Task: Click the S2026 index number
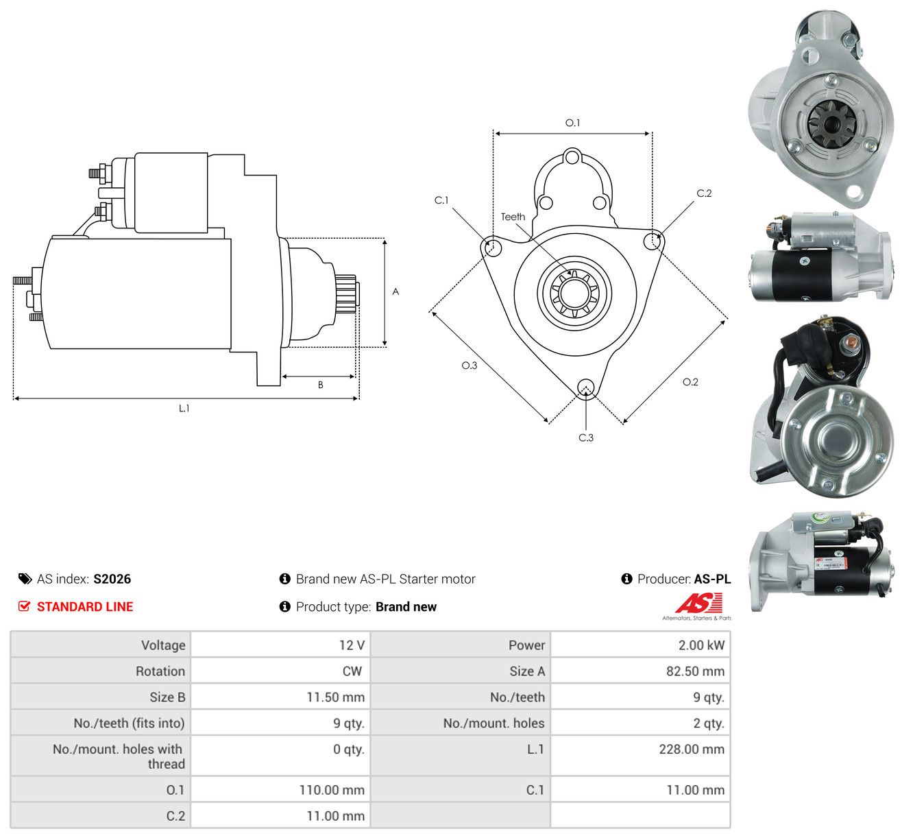coord(112,579)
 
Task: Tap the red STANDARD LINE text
coord(85,606)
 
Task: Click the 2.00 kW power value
coord(700,645)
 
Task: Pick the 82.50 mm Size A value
coord(695,671)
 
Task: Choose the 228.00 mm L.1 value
coord(692,749)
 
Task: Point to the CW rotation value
coord(352,671)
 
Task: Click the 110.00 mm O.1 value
coord(332,790)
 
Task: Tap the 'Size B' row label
coord(167,697)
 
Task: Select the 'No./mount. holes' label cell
coord(493,723)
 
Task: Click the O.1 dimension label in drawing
coord(572,122)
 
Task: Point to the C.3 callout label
coord(585,438)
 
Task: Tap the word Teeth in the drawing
coord(513,217)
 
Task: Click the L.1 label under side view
coord(184,408)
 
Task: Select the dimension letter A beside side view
coord(395,291)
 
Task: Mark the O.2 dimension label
coord(690,382)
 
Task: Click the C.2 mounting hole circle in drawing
coord(653,241)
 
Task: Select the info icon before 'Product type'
coord(284,606)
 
